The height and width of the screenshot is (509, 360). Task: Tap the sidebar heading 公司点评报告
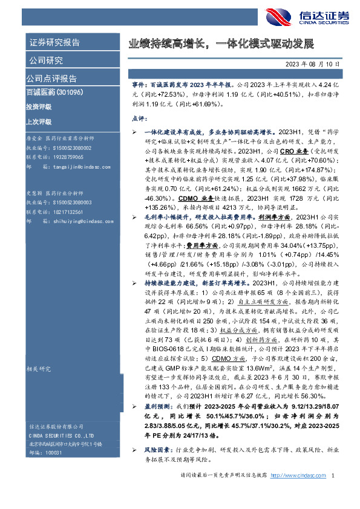tap(51, 79)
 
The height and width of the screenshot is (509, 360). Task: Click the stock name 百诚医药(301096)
tap(53, 92)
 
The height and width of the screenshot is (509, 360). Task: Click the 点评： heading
tap(140, 118)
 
